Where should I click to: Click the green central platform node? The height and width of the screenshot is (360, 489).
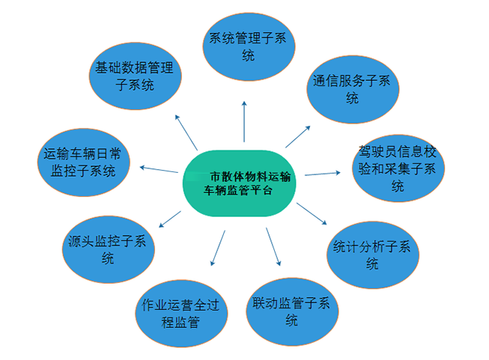click(x=239, y=183)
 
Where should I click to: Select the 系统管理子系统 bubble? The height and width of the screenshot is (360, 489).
click(x=249, y=46)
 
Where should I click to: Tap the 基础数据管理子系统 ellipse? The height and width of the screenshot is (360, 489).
click(x=136, y=76)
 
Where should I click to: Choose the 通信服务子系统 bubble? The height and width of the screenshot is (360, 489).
click(x=353, y=90)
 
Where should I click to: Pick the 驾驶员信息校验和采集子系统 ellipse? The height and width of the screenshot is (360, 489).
click(x=398, y=168)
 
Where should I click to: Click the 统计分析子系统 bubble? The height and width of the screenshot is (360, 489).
click(x=373, y=255)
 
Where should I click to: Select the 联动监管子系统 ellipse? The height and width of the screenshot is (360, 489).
click(x=292, y=311)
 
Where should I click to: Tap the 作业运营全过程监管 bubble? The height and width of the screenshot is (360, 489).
click(x=181, y=314)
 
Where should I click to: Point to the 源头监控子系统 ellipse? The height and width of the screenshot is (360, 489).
click(x=109, y=249)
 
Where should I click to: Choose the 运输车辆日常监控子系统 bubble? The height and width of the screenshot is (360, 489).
click(x=84, y=162)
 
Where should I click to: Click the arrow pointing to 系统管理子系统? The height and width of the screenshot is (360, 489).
click(x=244, y=121)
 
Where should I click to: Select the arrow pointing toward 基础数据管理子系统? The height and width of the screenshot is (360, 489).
click(x=186, y=132)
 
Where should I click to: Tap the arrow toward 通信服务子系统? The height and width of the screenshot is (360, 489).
click(x=298, y=136)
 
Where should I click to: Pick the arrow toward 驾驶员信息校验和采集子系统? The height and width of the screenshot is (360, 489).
click(x=323, y=174)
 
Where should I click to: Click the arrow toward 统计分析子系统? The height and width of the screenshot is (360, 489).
click(x=312, y=213)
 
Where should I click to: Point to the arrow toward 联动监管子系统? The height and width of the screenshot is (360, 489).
click(x=273, y=246)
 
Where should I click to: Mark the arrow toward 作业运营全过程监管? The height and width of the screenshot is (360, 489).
click(x=218, y=248)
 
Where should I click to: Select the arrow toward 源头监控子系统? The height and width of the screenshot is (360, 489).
click(x=170, y=219)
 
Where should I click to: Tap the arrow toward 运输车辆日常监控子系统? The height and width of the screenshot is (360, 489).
click(x=159, y=170)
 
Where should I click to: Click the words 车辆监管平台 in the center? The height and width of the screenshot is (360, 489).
click(x=238, y=190)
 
